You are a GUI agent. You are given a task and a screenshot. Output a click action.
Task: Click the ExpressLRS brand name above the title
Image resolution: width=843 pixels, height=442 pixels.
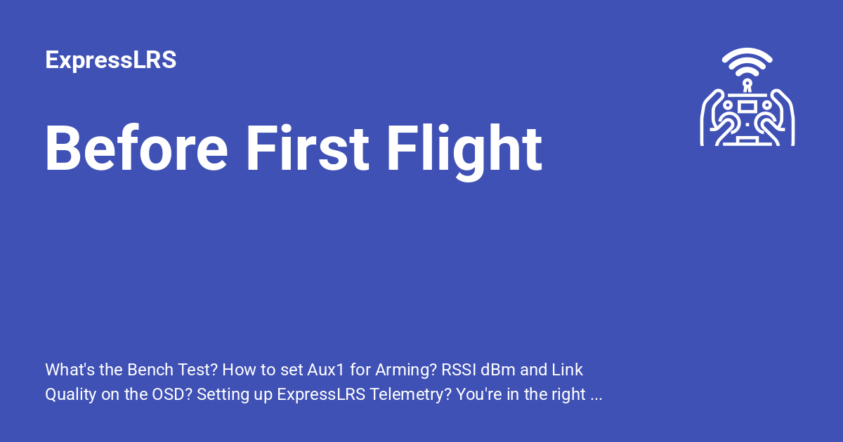click(110, 60)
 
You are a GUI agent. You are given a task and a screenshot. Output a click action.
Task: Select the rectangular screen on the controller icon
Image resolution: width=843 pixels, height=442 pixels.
click(747, 106)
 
